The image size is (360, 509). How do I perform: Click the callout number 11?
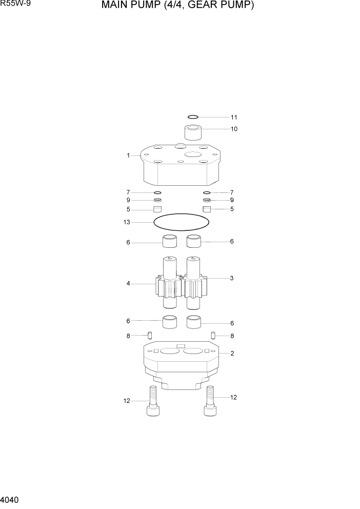(234, 117)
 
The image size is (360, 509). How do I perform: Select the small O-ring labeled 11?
(192, 117)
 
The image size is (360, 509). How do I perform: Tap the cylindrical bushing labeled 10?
(193, 133)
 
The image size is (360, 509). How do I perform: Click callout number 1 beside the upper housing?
(128, 155)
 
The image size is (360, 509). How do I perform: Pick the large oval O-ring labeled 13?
(182, 222)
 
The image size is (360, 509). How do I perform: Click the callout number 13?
(127, 222)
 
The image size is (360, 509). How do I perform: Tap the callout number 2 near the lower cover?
(232, 354)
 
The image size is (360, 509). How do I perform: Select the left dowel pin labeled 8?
(150, 336)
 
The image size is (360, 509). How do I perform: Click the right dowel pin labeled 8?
(213, 336)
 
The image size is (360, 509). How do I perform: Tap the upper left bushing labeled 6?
(170, 241)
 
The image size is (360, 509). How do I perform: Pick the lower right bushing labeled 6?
(194, 322)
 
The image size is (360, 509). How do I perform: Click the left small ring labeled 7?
(158, 192)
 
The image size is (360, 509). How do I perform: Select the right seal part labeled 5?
(207, 209)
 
